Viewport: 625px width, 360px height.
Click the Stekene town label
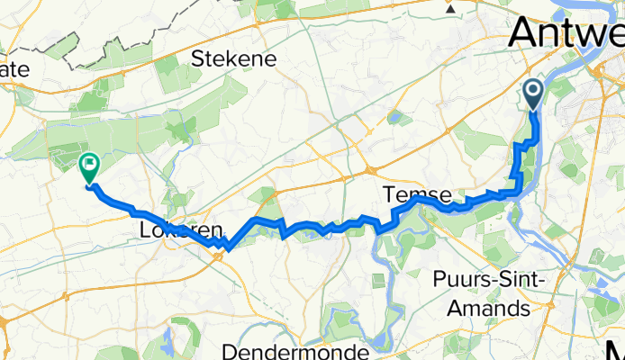[234, 59]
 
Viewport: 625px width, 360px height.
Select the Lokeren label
[181, 232]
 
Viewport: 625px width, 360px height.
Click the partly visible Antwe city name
[566, 34]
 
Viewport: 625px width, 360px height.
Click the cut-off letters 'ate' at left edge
[15, 68]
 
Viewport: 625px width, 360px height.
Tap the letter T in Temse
[389, 193]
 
